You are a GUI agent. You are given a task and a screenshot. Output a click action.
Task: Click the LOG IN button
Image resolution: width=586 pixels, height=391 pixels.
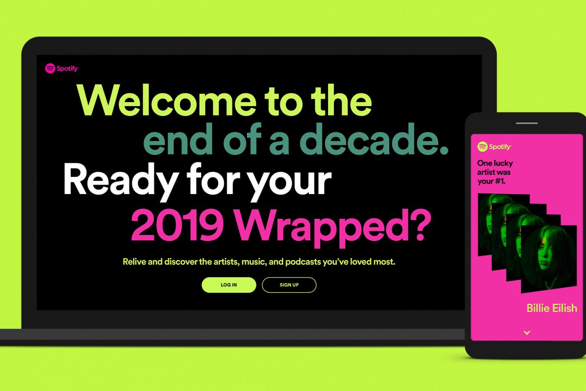(229, 285)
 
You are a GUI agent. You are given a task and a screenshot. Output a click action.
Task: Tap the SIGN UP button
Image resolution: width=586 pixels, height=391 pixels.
(289, 285)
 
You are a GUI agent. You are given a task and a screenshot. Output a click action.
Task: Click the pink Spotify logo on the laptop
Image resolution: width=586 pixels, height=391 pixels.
(62, 68)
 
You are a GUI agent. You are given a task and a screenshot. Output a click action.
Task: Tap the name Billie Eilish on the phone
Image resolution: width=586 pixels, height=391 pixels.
(551, 308)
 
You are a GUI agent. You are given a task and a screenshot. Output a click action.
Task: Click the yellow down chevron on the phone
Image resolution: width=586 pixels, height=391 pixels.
(526, 333)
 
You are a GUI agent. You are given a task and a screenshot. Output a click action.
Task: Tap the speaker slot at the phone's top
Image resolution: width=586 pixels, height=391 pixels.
(526, 122)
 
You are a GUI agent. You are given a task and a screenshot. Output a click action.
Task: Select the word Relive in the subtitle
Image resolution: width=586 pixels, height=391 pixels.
(135, 261)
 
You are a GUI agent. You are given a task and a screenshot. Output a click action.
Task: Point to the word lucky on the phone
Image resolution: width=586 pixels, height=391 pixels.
(503, 163)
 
